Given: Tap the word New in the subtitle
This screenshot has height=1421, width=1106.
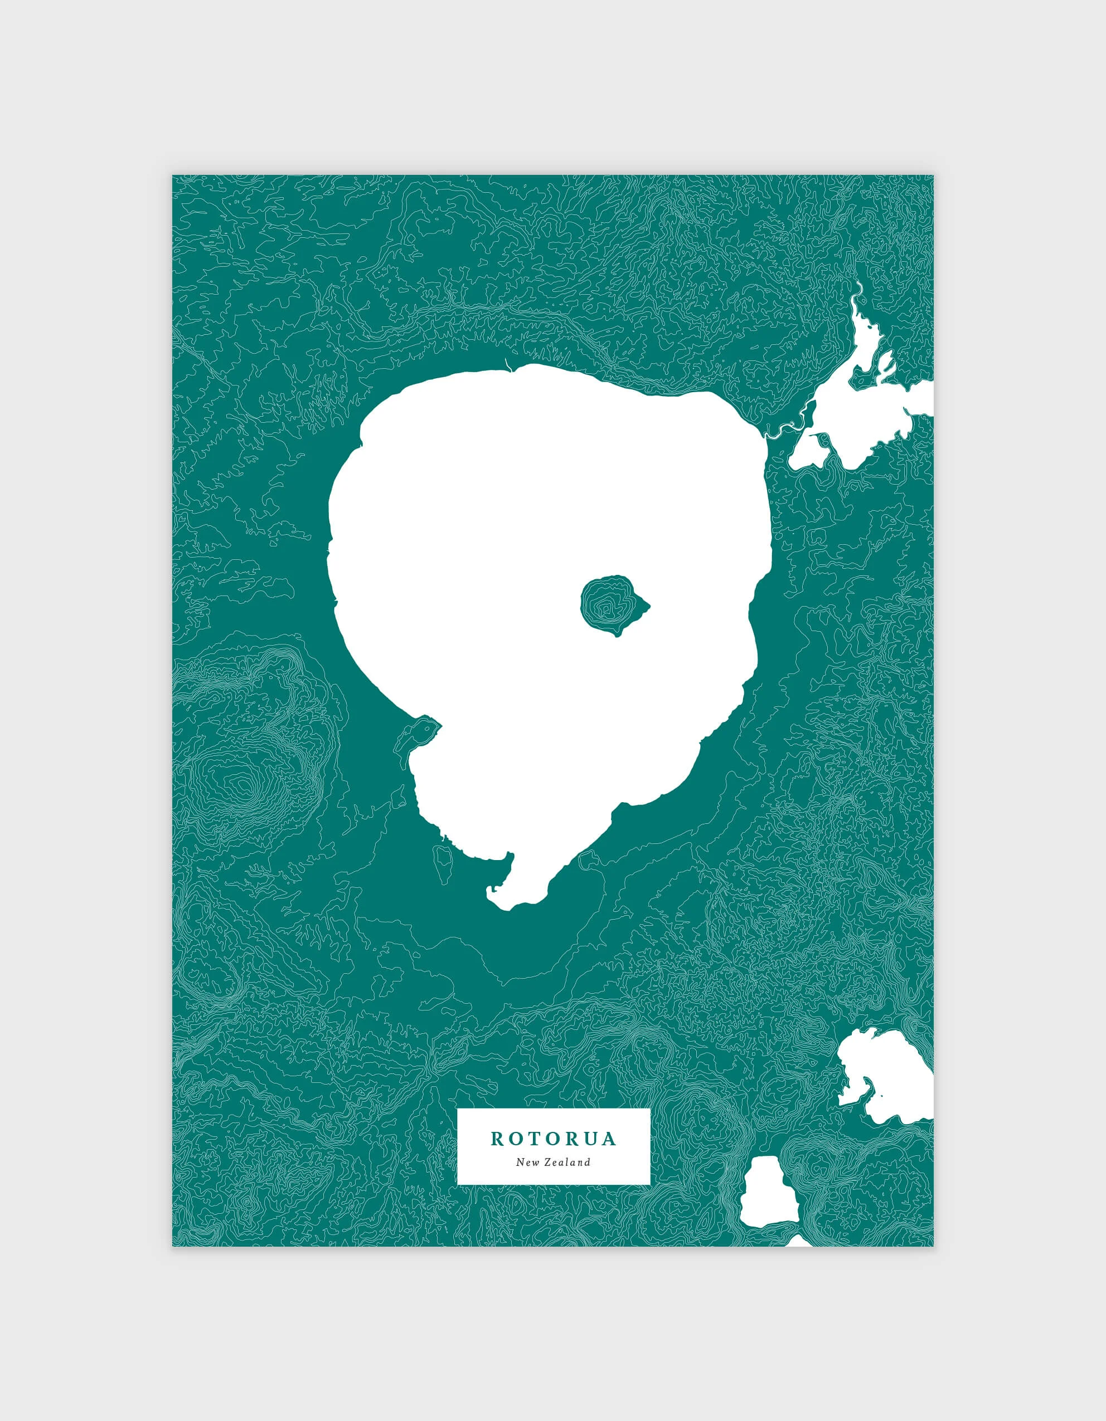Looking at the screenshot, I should click(527, 1162).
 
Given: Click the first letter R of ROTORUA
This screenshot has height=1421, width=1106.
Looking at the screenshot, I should click(497, 1139).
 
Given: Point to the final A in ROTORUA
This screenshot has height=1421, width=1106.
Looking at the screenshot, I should click(609, 1139).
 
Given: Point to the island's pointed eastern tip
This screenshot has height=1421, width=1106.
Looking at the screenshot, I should click(647, 607).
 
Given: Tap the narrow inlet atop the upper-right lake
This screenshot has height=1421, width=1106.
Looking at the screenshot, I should click(858, 293).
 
